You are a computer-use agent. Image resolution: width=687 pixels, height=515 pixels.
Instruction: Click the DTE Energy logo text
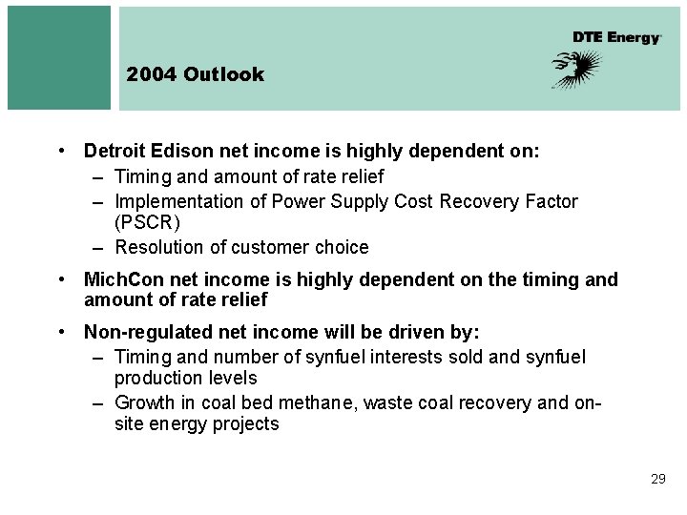coord(616,37)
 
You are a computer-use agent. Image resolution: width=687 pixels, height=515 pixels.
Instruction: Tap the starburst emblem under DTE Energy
coord(577,70)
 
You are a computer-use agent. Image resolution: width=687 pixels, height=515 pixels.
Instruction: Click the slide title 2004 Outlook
coord(195,74)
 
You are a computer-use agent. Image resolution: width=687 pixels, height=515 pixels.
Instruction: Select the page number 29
coord(657,479)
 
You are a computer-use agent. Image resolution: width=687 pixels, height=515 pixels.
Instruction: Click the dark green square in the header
coord(59,57)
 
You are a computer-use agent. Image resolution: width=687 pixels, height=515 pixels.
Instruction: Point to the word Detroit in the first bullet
coord(113,151)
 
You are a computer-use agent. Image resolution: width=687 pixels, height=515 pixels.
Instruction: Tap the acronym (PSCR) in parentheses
coord(147,222)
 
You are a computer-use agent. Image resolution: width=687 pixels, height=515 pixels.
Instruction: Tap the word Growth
coord(144,402)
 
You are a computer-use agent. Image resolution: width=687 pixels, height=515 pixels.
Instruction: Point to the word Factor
coord(551,201)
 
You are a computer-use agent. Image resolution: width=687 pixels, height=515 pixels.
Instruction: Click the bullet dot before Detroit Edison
coord(60,151)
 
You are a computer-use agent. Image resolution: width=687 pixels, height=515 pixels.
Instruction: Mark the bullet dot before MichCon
coord(60,279)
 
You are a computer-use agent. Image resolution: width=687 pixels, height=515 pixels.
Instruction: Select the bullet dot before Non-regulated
coord(60,332)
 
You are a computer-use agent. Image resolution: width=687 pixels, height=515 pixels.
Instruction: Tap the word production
coord(156,378)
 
